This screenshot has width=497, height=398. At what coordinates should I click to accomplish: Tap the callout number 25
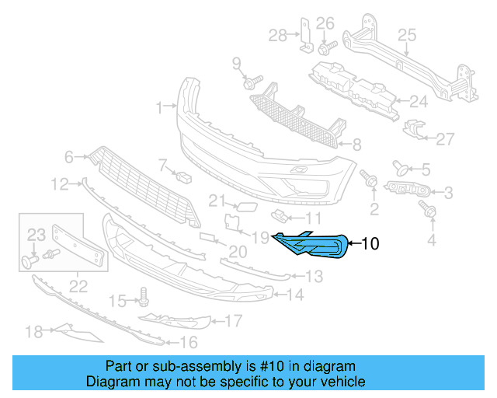tap(408, 34)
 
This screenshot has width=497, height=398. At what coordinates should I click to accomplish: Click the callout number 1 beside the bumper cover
tap(159, 106)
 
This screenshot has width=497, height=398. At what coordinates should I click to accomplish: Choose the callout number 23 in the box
tap(37, 234)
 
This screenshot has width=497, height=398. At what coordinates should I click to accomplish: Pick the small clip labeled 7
tap(185, 176)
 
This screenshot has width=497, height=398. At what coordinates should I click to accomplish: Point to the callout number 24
tap(419, 101)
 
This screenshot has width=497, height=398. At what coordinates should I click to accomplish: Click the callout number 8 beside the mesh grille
tap(356, 144)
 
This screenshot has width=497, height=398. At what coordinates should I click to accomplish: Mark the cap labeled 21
tap(243, 206)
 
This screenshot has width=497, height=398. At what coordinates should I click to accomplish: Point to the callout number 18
tap(33, 332)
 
